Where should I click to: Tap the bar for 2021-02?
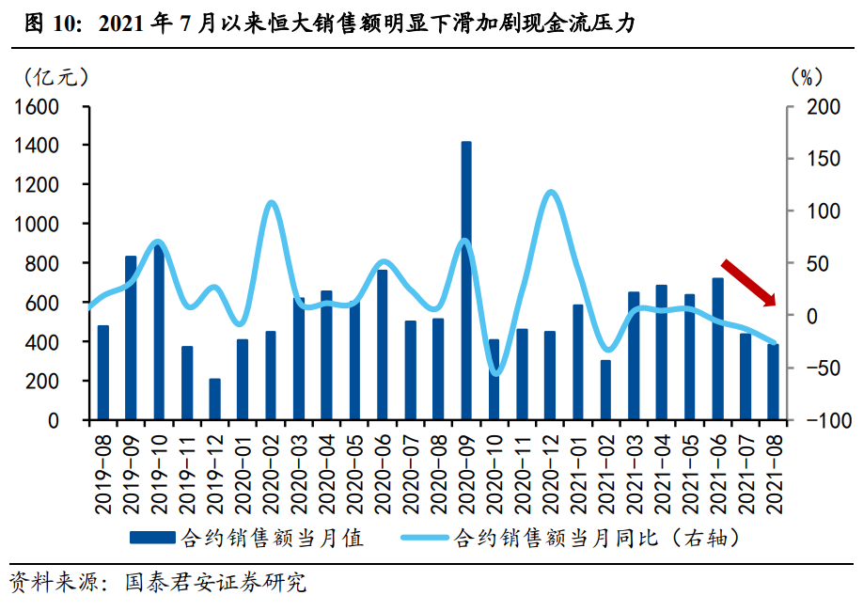(x=605, y=390)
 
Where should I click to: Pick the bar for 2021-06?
(x=717, y=349)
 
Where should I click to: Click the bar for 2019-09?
(x=131, y=337)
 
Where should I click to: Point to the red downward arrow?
(x=748, y=282)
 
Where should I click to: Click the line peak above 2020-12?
(x=551, y=194)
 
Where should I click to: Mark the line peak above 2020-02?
(x=271, y=203)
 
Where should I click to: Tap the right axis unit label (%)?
(x=806, y=76)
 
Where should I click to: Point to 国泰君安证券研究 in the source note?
(x=215, y=583)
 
